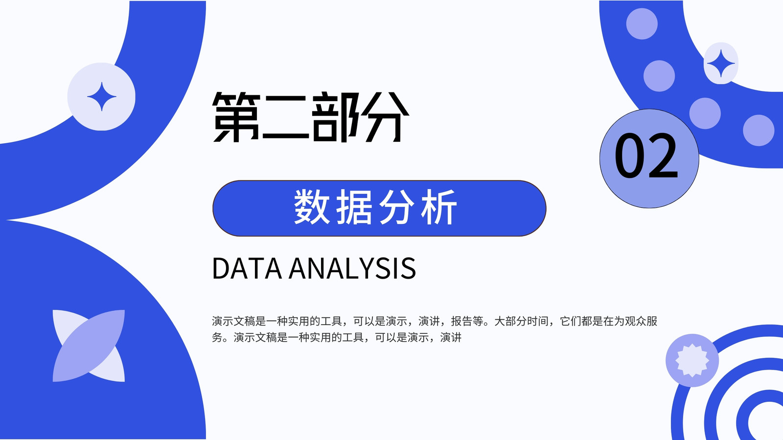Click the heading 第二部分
pyautogui.click(x=310, y=117)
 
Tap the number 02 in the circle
pyautogui.click(x=646, y=155)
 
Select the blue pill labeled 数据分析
pyautogui.click(x=379, y=208)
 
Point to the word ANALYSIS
pyautogui.click(x=352, y=268)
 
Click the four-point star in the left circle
pyautogui.click(x=102, y=97)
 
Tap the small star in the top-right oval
pyautogui.click(x=721, y=63)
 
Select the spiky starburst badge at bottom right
pyautogui.click(x=692, y=360)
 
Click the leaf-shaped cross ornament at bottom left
pyautogui.click(x=89, y=346)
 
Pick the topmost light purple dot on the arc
pyautogui.click(x=642, y=24)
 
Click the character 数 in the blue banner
pyautogui.click(x=312, y=207)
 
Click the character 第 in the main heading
pyautogui.click(x=236, y=117)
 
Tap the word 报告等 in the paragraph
pyautogui.click(x=467, y=321)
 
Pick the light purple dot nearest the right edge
pyautogui.click(x=759, y=130)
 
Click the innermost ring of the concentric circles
pyautogui.click(x=743, y=419)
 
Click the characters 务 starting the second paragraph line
pyautogui.click(x=217, y=337)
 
